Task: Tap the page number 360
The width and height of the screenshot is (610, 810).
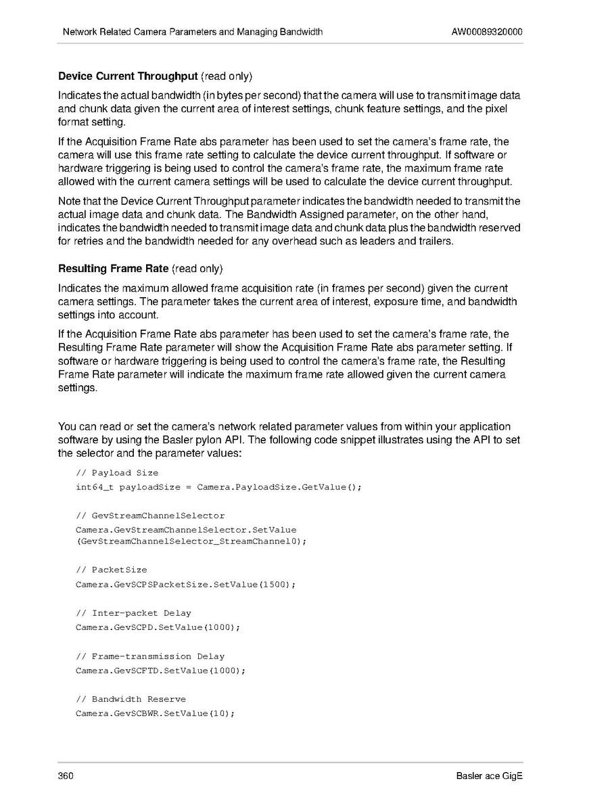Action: click(x=66, y=775)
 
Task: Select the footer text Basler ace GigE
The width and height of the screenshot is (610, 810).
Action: click(x=489, y=775)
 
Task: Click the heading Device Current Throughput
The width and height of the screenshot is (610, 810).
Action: click(x=128, y=76)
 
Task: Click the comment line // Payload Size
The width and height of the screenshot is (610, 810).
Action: click(x=117, y=473)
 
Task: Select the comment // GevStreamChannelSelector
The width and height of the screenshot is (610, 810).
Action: click(x=150, y=516)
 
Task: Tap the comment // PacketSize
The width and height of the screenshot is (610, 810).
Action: click(x=111, y=570)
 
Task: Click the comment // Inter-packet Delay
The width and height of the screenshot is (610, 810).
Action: click(x=133, y=613)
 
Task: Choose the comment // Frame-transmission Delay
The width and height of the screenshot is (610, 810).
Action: click(x=150, y=656)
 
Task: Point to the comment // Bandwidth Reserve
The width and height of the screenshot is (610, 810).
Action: click(x=131, y=699)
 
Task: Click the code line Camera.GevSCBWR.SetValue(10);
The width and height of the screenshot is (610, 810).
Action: click(x=155, y=714)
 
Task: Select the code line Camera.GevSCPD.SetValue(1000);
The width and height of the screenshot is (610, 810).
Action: click(x=158, y=627)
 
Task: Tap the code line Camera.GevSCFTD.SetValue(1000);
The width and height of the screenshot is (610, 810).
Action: click(x=160, y=671)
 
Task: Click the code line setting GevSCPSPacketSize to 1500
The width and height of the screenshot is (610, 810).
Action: click(x=185, y=584)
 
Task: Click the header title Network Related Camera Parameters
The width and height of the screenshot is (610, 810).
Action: click(x=192, y=32)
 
